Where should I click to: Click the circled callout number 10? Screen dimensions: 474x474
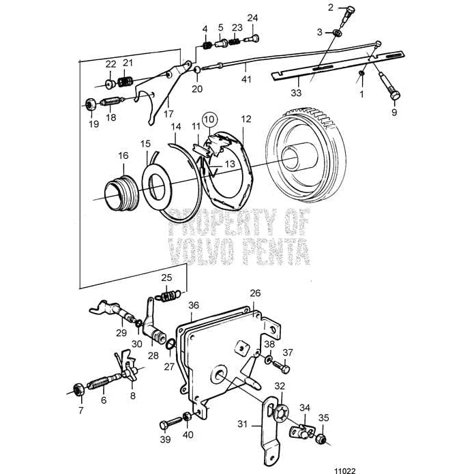(209, 119)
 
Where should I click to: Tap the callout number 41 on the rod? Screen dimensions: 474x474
(246, 80)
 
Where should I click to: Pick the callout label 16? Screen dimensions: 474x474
(123, 156)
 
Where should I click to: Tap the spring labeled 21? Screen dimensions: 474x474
(124, 83)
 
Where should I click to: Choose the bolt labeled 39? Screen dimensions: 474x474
(168, 424)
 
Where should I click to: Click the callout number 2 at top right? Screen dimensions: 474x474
(331, 8)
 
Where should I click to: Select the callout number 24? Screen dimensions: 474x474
(252, 18)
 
